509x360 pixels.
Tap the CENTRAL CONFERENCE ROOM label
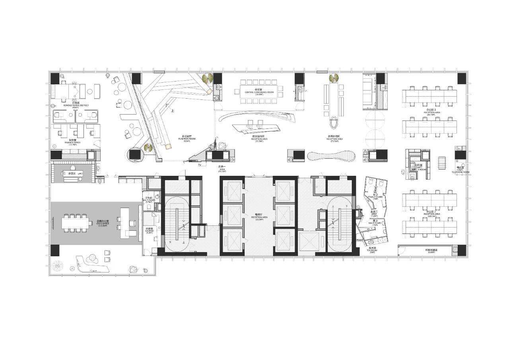tap(259, 92)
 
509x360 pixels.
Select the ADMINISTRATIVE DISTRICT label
tap(72, 105)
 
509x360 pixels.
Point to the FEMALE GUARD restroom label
tap(375, 197)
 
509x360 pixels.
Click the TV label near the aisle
tap(200, 164)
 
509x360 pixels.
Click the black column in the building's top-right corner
tap(462, 78)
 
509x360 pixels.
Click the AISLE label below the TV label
tap(222, 171)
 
